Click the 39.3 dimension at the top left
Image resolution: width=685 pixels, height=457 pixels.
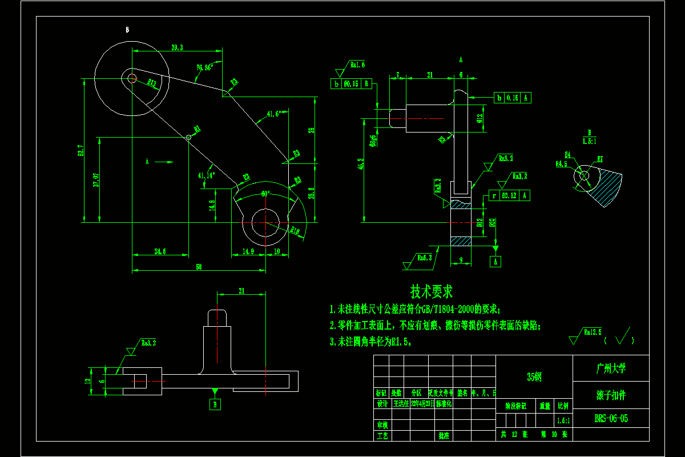pos(177,48)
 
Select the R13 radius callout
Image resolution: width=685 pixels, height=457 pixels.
pos(152,83)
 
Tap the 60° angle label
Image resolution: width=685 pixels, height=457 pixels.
pos(265,194)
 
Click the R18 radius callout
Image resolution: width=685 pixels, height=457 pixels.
pos(295,231)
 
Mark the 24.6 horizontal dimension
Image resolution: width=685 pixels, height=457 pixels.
pos(160,251)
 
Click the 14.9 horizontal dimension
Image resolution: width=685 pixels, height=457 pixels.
pos(248,251)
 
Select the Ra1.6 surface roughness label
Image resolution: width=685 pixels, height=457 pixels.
pos(357,65)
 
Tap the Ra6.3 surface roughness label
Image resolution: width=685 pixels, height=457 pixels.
pos(424,258)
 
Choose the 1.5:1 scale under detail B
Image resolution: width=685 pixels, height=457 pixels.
pos(589,141)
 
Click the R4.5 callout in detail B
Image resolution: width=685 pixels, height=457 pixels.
pos(562,164)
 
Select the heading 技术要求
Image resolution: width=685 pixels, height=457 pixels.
pos(432,292)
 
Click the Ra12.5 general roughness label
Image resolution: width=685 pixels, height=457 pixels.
pos(593,332)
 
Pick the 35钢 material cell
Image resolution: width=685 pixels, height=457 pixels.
pos(534,377)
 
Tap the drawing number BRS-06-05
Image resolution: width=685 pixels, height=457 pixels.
pos(611,418)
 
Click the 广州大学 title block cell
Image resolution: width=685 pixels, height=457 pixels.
pos(611,368)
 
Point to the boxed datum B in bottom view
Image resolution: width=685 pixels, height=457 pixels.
pos(216,404)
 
